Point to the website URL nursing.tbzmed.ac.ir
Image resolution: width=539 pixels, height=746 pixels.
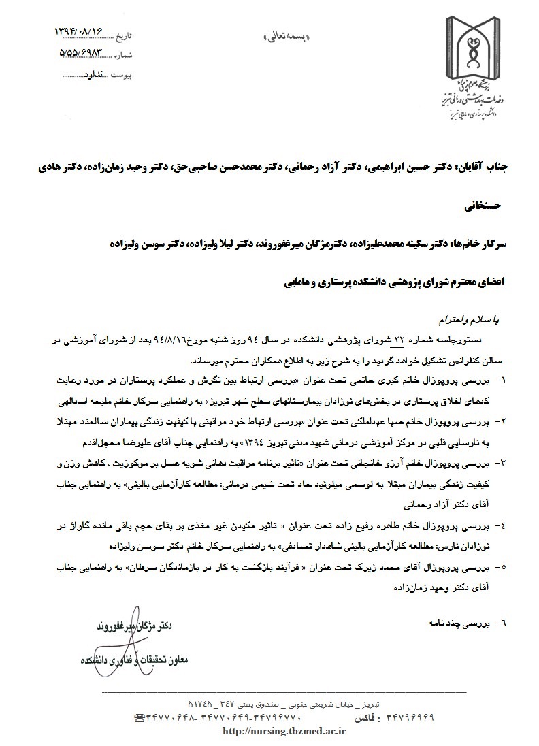pyautogui.click(x=286, y=732)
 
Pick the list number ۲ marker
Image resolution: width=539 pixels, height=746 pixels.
pyautogui.click(x=503, y=422)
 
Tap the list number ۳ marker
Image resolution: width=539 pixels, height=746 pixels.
pyautogui.click(x=503, y=462)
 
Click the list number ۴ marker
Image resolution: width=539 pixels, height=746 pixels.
pyautogui.click(x=503, y=525)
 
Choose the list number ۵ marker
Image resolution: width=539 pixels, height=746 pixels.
pyautogui.click(x=503, y=566)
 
